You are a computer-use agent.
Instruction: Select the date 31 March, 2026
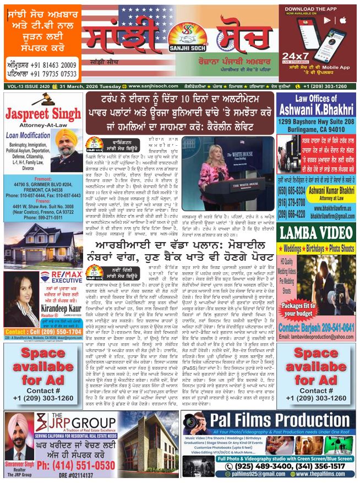[91, 86]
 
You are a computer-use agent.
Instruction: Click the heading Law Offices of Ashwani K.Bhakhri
[315, 104]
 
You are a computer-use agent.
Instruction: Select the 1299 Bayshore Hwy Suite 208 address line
[315, 120]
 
